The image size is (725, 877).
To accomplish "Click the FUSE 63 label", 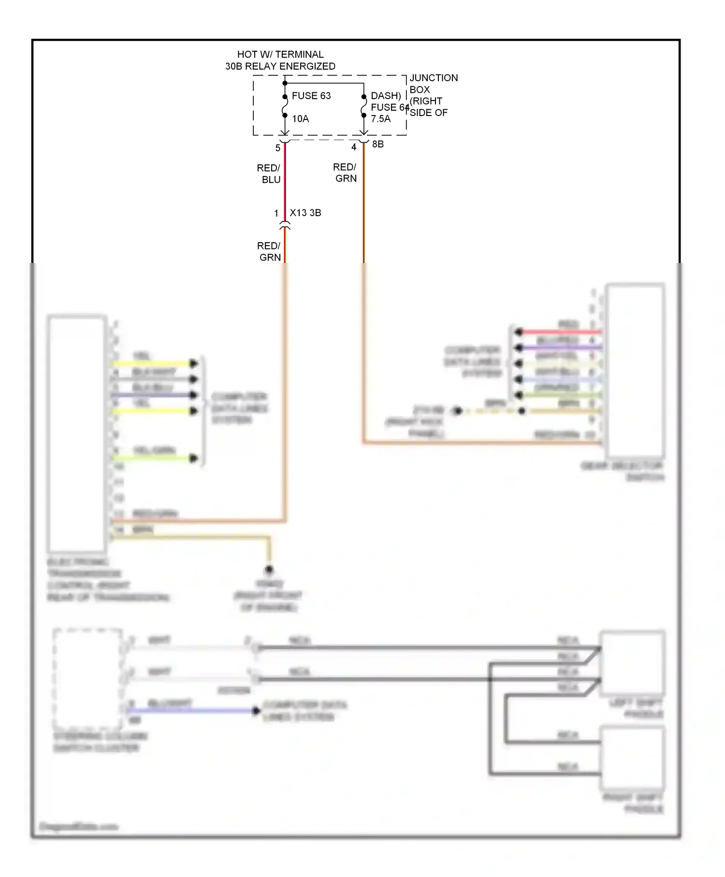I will (x=311, y=96).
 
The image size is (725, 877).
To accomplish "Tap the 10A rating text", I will (x=300, y=119).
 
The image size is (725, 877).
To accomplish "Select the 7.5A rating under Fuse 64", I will (x=380, y=119).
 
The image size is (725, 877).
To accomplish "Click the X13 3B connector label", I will (x=305, y=213).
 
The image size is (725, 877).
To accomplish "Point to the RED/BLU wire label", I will (x=269, y=174).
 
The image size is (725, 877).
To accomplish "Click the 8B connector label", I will (x=377, y=144).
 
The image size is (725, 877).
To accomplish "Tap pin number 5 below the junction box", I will (x=278, y=148).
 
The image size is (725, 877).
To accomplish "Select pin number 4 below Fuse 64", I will (x=354, y=147).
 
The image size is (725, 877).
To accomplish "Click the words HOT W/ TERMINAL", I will (x=280, y=55).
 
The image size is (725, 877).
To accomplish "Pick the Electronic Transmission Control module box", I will (x=77, y=434).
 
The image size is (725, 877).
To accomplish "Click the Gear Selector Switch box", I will (x=635, y=371).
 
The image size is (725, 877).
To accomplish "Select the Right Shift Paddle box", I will (x=632, y=757).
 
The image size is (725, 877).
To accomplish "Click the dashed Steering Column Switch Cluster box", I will (x=87, y=679).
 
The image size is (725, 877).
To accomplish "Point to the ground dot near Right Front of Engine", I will (x=269, y=570).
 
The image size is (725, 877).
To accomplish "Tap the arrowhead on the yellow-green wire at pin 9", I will (x=194, y=458).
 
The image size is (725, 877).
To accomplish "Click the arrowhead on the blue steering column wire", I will (x=256, y=711).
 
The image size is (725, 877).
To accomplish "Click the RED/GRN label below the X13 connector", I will (x=269, y=251).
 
